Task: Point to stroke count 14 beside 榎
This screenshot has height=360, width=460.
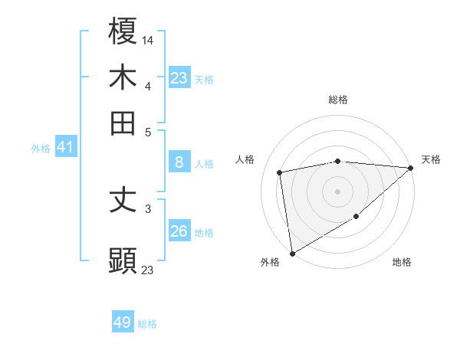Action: [x=148, y=39]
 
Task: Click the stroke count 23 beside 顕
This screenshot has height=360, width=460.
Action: [x=148, y=270]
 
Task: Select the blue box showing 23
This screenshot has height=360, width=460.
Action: [x=179, y=77]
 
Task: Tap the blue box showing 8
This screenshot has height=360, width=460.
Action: [x=179, y=162]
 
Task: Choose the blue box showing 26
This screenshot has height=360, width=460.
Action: [x=179, y=231]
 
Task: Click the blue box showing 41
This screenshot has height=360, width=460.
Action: [x=65, y=147]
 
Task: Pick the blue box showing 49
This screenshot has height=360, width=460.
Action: [x=123, y=322]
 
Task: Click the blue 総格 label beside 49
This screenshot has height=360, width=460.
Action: [x=147, y=324]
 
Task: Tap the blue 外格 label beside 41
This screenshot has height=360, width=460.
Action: [x=41, y=149]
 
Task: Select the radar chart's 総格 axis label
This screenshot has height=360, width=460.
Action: [x=338, y=100]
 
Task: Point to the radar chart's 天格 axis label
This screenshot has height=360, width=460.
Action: [x=431, y=159]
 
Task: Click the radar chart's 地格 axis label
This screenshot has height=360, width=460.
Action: [x=402, y=262]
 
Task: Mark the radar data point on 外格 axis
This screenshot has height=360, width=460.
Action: [x=292, y=253]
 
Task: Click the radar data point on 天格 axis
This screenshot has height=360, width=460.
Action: [x=411, y=168]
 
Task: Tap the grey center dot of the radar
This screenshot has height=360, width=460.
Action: [x=338, y=191]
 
